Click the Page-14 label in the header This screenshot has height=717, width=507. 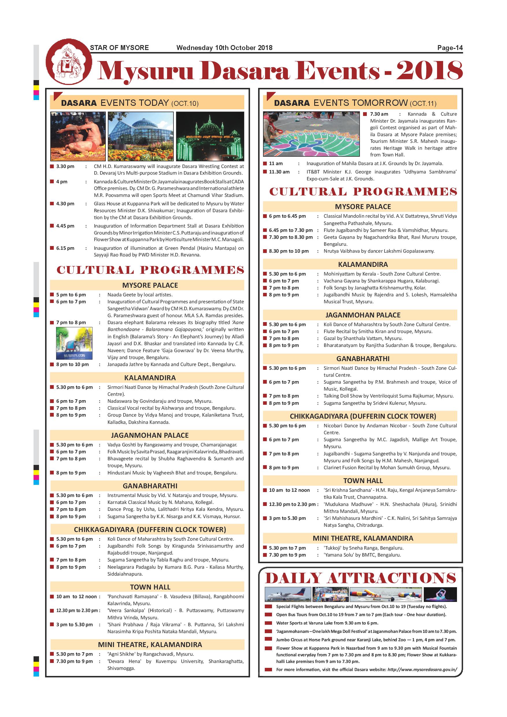[x=449, y=48]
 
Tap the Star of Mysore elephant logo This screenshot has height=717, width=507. [x=69, y=62]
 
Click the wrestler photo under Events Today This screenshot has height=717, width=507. [x=78, y=136]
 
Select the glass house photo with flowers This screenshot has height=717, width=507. [x=140, y=136]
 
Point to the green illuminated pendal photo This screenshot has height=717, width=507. [x=210, y=136]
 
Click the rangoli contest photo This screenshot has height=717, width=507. [x=311, y=134]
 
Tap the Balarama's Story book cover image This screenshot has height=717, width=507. [x=74, y=343]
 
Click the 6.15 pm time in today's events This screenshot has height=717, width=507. [x=65, y=248]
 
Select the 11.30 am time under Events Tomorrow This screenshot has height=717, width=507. [x=279, y=172]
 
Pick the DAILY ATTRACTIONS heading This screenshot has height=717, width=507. [x=360, y=578]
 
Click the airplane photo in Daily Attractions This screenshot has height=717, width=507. [x=288, y=594]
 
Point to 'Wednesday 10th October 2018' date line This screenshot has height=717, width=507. [x=224, y=48]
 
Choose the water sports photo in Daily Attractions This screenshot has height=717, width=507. [x=386, y=594]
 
